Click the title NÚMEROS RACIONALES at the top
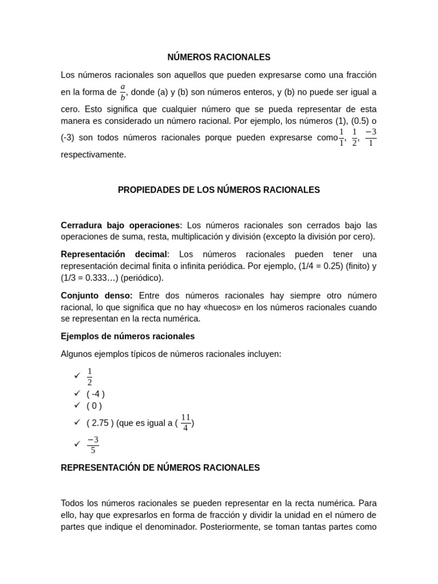[218, 57]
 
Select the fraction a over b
[123, 92]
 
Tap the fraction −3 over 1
[371, 137]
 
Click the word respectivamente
[94, 155]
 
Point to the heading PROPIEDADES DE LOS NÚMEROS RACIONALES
[218, 190]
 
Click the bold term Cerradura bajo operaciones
[120, 225]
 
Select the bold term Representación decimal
[114, 254]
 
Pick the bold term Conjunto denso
[96, 295]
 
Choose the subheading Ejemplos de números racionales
[128, 336]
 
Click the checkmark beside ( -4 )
[77, 394]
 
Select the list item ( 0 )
[94, 406]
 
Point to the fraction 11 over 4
[185, 423]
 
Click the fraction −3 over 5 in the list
[93, 444]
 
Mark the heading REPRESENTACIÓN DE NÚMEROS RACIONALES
[160, 468]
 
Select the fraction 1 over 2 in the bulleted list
[90, 376]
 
